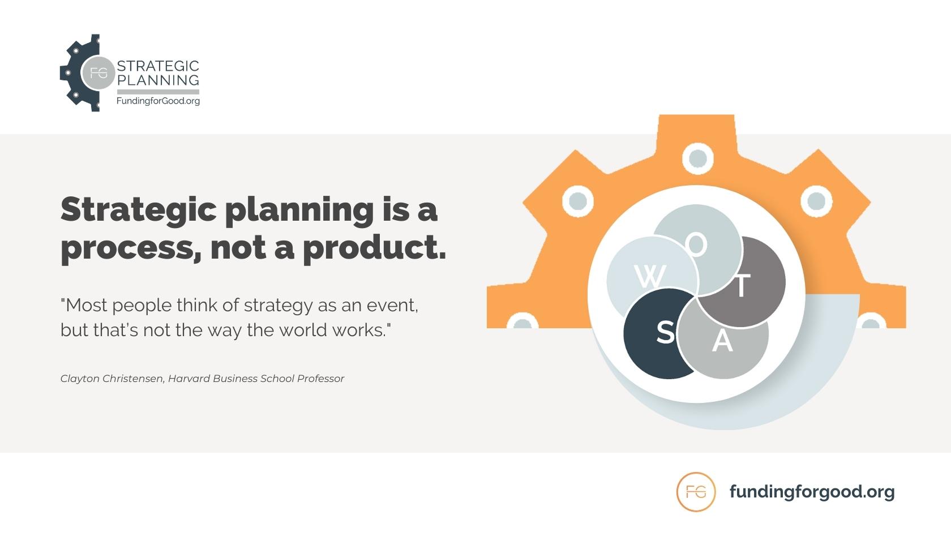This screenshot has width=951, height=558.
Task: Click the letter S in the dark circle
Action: (x=666, y=332)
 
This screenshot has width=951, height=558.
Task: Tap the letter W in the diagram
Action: (x=649, y=277)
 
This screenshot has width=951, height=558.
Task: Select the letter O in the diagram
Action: (x=697, y=244)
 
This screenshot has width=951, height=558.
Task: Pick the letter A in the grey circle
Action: (x=722, y=341)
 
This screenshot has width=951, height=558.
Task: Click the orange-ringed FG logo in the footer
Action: (x=696, y=492)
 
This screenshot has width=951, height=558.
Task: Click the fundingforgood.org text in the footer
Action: (x=812, y=491)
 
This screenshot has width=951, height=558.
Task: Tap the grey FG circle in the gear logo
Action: (x=98, y=73)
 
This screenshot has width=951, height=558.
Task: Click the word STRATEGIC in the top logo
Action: (x=157, y=66)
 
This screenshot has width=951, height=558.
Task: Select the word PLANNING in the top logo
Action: (x=158, y=80)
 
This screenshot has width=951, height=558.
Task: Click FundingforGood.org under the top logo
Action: (x=158, y=101)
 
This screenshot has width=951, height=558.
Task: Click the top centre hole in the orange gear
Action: (x=697, y=158)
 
